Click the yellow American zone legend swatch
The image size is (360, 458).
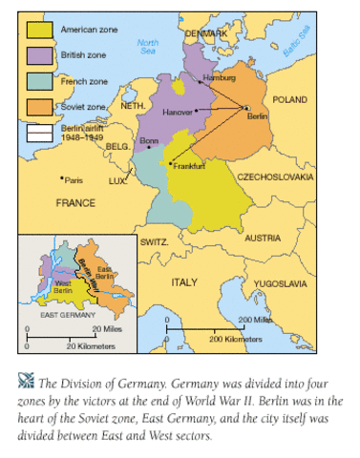tap(39, 31)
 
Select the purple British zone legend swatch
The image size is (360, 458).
tap(39, 56)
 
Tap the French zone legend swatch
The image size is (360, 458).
tap(39, 81)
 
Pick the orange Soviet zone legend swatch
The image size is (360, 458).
tap(39, 106)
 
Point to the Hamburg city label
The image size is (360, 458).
tap(217, 77)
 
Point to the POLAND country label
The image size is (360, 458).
tap(289, 99)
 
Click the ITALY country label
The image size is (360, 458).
tap(183, 283)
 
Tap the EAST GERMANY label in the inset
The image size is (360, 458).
tap(67, 314)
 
